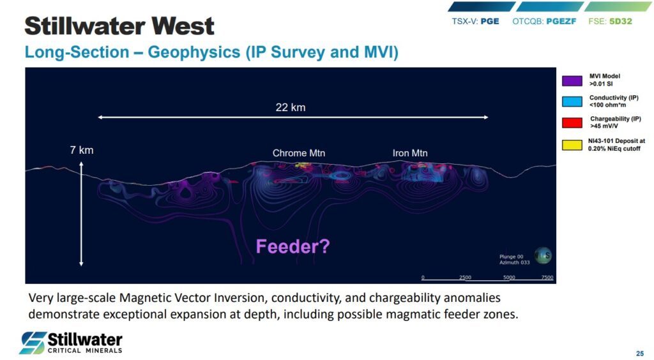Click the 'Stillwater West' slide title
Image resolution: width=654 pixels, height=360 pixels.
pyautogui.click(x=119, y=26)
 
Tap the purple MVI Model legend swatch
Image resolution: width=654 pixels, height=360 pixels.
pyautogui.click(x=572, y=81)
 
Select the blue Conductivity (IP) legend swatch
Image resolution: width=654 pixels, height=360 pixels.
pyautogui.click(x=572, y=101)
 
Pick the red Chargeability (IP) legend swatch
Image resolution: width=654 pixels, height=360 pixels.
pyautogui.click(x=572, y=123)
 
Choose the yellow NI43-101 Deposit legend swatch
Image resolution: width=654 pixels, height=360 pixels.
pyautogui.click(x=572, y=145)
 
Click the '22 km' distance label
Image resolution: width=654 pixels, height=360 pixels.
pyautogui.click(x=291, y=107)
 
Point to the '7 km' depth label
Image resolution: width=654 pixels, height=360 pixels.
pyautogui.click(x=82, y=150)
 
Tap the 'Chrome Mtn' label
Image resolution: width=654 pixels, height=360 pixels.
pyautogui.click(x=299, y=153)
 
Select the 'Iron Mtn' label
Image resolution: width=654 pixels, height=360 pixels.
pyautogui.click(x=410, y=153)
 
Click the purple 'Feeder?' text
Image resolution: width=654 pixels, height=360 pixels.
pyautogui.click(x=293, y=246)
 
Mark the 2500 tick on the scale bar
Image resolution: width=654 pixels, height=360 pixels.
pyautogui.click(x=465, y=278)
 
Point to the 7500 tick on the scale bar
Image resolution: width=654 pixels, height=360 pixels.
pyautogui.click(x=547, y=278)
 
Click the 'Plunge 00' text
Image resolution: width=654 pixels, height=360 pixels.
pyautogui.click(x=512, y=257)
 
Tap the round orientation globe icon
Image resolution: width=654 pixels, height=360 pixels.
pyautogui.click(x=543, y=255)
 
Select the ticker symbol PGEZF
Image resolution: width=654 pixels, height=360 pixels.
pyautogui.click(x=561, y=21)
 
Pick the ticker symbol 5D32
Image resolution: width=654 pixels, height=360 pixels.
pyautogui.click(x=621, y=21)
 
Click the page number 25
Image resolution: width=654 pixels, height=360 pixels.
pyautogui.click(x=640, y=354)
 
